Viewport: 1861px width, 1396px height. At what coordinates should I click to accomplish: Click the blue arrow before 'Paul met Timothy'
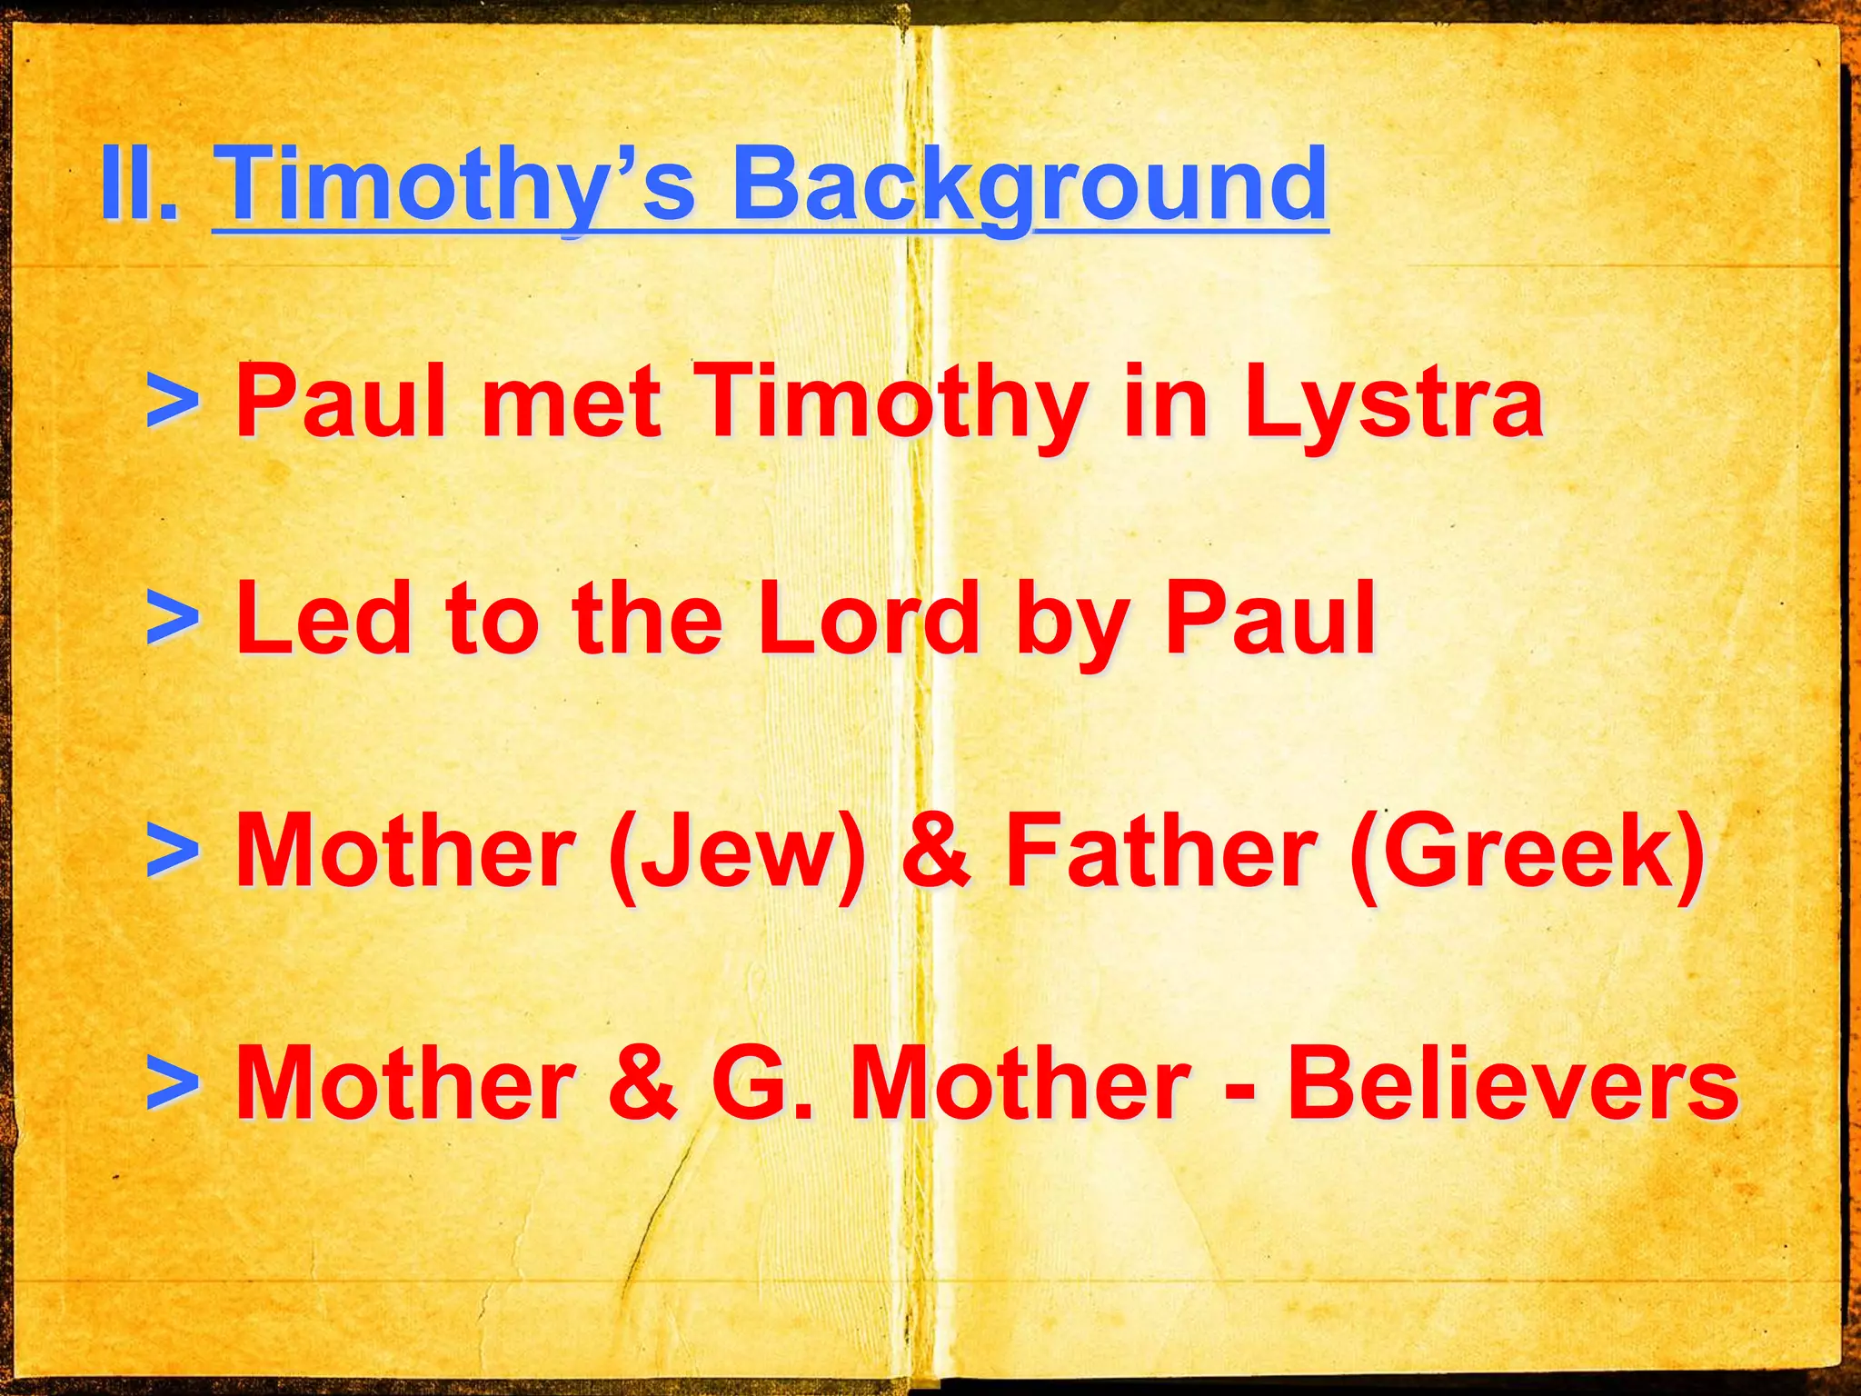pos(173,400)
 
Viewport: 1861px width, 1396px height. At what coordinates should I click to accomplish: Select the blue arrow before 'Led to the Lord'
pos(173,619)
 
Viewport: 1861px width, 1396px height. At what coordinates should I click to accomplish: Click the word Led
pos(323,619)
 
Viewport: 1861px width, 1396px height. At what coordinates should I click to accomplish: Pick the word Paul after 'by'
pos(1269,619)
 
